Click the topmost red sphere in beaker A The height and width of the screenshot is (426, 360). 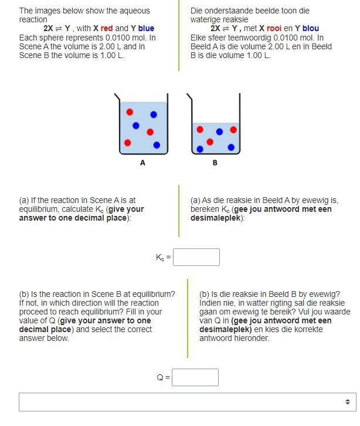point(130,111)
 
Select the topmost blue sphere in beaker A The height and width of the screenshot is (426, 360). point(154,114)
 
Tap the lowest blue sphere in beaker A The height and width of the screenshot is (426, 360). point(157,144)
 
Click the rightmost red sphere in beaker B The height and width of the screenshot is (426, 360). point(233,129)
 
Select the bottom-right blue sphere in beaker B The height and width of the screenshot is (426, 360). point(230,147)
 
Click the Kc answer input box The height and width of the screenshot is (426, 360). point(196,257)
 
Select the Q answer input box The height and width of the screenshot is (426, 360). point(195,377)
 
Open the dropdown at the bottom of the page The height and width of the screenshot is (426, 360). point(186,402)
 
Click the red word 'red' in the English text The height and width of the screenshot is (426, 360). point(107,28)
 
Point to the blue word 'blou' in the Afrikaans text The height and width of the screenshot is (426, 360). point(311,28)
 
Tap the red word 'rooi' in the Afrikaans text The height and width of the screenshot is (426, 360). point(275,28)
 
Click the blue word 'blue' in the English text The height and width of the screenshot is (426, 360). point(147,28)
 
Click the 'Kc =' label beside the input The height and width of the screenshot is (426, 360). point(163,257)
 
